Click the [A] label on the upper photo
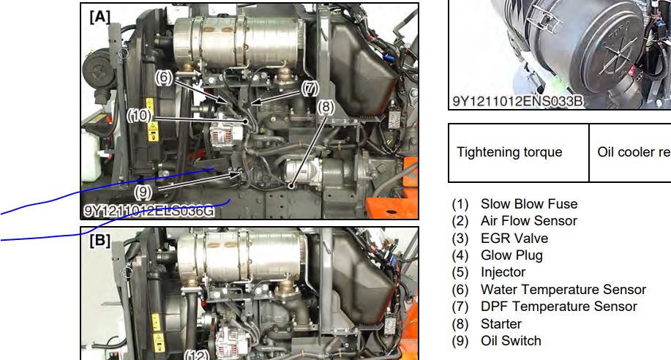click(x=100, y=17)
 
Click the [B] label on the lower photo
click(x=100, y=240)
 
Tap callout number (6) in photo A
click(x=164, y=78)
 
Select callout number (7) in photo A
click(x=310, y=89)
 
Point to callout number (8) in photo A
click(x=326, y=107)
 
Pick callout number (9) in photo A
click(x=143, y=192)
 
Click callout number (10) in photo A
click(x=140, y=115)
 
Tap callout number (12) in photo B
click(x=198, y=355)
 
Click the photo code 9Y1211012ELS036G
click(x=148, y=210)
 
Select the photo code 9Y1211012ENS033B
click(x=518, y=102)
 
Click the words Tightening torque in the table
click(x=509, y=152)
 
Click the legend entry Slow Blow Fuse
click(x=529, y=203)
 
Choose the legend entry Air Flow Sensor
click(x=529, y=221)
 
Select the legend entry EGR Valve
click(x=514, y=238)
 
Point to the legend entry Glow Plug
click(x=511, y=255)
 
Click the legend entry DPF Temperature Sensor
click(x=559, y=307)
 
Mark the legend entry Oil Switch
click(x=511, y=341)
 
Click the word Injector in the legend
click(x=503, y=272)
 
